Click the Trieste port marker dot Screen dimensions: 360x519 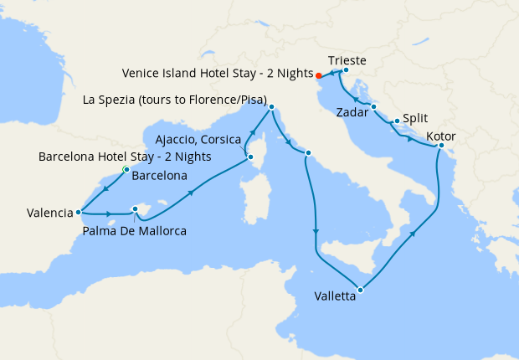(x=346, y=70)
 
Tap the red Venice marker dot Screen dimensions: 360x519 (x=318, y=76)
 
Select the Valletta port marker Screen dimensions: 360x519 (x=360, y=291)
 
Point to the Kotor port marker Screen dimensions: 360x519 (x=441, y=147)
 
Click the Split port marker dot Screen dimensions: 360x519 (x=396, y=121)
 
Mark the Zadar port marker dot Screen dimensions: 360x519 (x=373, y=106)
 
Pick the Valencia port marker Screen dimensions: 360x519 (x=78, y=212)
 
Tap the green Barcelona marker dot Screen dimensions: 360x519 (x=126, y=170)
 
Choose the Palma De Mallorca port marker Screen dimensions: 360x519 (x=135, y=210)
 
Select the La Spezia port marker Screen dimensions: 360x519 (x=271, y=106)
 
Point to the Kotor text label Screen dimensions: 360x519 (x=442, y=136)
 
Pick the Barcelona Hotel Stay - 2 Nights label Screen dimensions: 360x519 (x=125, y=157)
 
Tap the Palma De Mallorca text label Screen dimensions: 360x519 (x=134, y=230)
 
